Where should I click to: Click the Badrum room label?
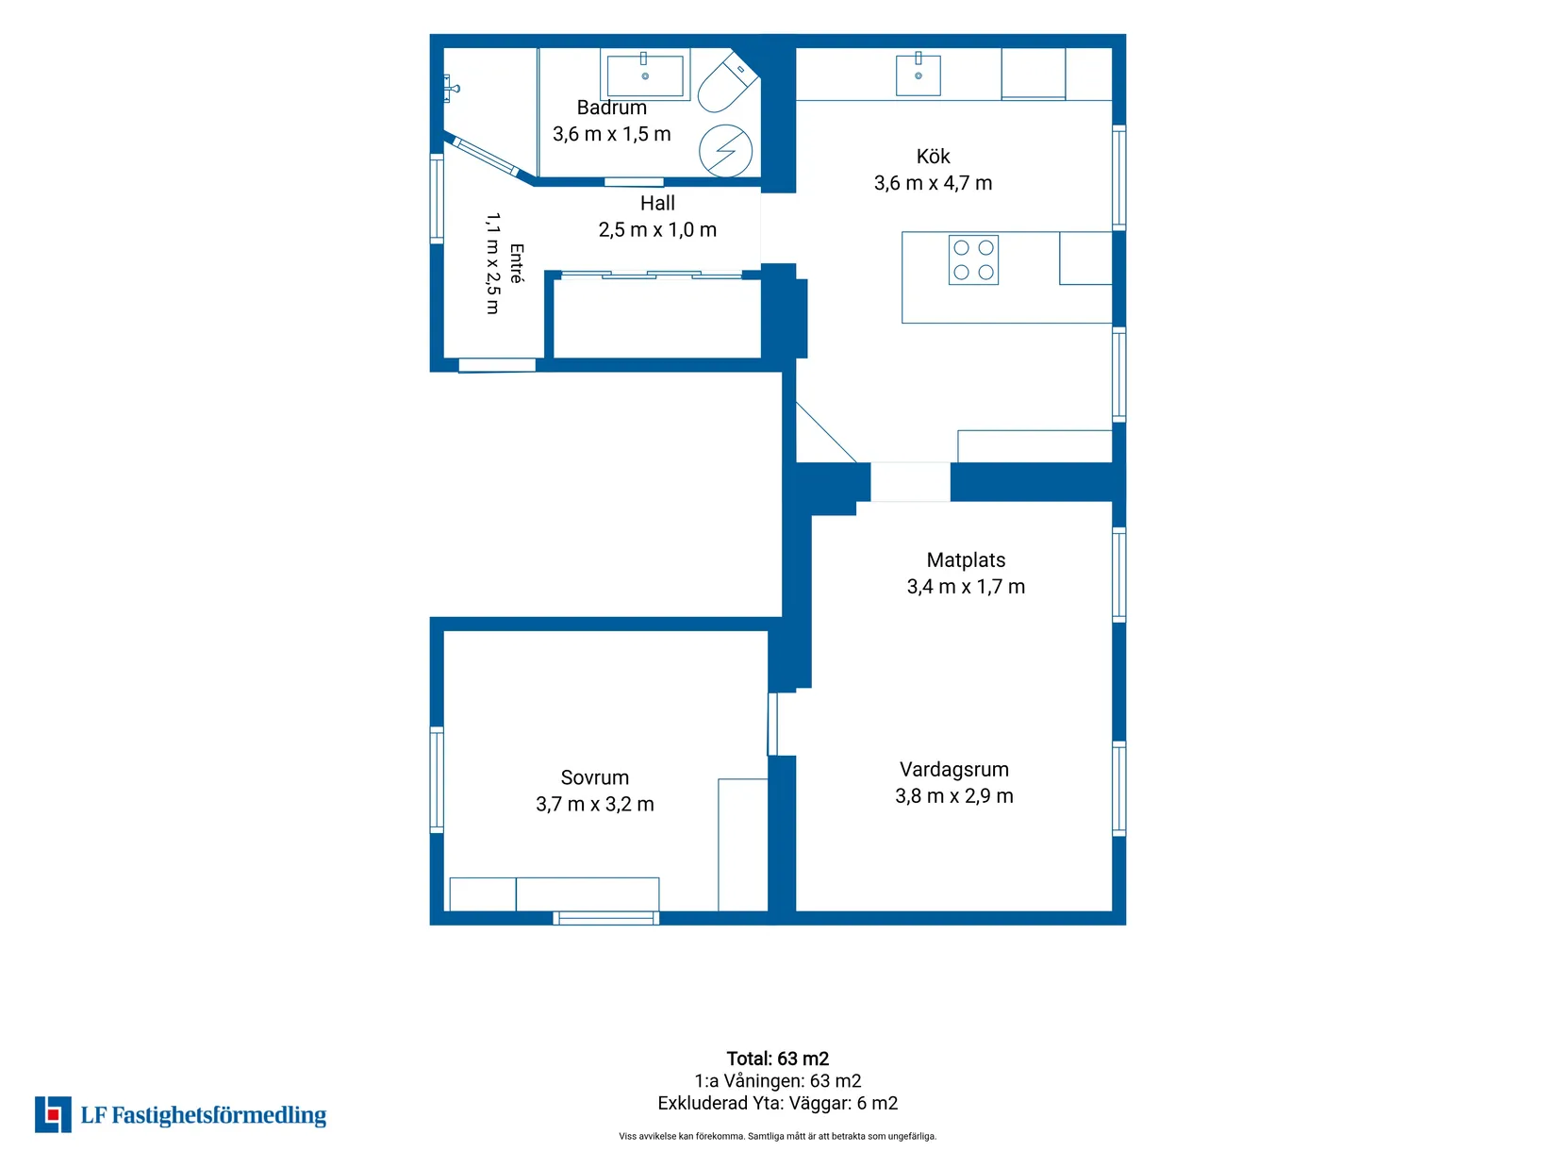pyautogui.click(x=611, y=108)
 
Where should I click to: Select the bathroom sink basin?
pyautogui.click(x=644, y=75)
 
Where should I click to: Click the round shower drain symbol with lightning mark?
pyautogui.click(x=725, y=150)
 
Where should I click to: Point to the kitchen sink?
pyautogui.click(x=918, y=74)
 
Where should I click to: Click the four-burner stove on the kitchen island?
pyautogui.click(x=973, y=259)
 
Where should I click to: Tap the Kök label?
pyautogui.click(x=933, y=156)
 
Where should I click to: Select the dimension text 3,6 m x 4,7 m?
pyautogui.click(x=933, y=183)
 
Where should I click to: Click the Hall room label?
pyautogui.click(x=657, y=204)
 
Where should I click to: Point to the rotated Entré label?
pyautogui.click(x=517, y=263)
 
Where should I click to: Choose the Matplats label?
pyautogui.click(x=966, y=560)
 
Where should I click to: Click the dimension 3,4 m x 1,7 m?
pyautogui.click(x=966, y=587)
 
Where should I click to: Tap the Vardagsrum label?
pyautogui.click(x=954, y=770)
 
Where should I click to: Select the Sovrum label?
pyautogui.click(x=595, y=778)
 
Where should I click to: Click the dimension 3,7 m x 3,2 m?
pyautogui.click(x=595, y=804)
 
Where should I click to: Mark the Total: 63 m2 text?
pyautogui.click(x=778, y=1059)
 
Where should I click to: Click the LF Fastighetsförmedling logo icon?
pyautogui.click(x=53, y=1115)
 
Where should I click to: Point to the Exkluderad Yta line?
pyautogui.click(x=778, y=1104)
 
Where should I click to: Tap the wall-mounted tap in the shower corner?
pyautogui.click(x=451, y=89)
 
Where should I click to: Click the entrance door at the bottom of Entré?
pyautogui.click(x=497, y=365)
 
